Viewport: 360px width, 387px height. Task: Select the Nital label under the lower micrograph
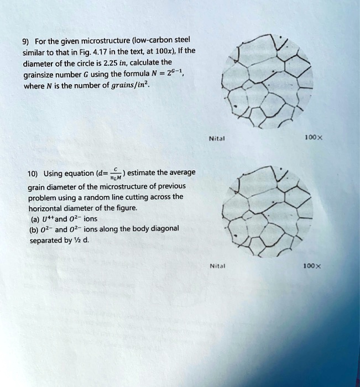(x=216, y=265)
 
